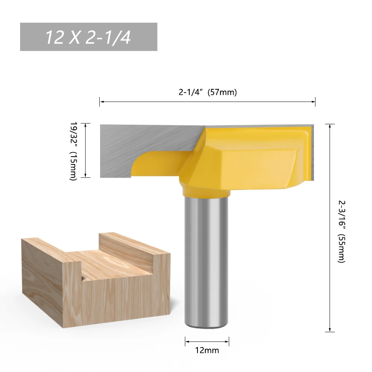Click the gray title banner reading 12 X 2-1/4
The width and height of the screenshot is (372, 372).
point(89,37)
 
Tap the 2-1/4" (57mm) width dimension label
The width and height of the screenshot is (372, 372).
point(208,93)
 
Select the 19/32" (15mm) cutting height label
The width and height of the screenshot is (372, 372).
point(73,151)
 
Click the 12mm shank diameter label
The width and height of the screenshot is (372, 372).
point(207,350)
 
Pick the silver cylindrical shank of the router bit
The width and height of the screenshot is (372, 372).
point(207,260)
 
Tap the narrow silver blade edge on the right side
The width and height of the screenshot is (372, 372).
point(312,149)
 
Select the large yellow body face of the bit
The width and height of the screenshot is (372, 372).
point(257,164)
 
